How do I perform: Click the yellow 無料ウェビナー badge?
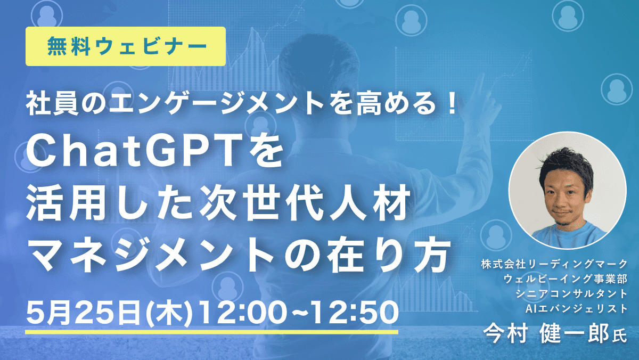pyautogui.click(x=126, y=46)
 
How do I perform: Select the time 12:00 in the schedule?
pyautogui.click(x=243, y=313)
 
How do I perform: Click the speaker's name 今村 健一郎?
pyautogui.click(x=546, y=334)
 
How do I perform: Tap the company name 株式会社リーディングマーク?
pyautogui.click(x=554, y=264)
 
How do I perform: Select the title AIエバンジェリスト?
pyautogui.click(x=577, y=308)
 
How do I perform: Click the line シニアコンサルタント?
pyautogui.click(x=571, y=293)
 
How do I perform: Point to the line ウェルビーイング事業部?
pyautogui.click(x=566, y=279)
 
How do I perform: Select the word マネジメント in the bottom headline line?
pyautogui.click(x=151, y=256)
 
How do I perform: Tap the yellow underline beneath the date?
pyautogui.click(x=212, y=332)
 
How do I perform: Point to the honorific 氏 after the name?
pyautogui.click(x=619, y=337)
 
